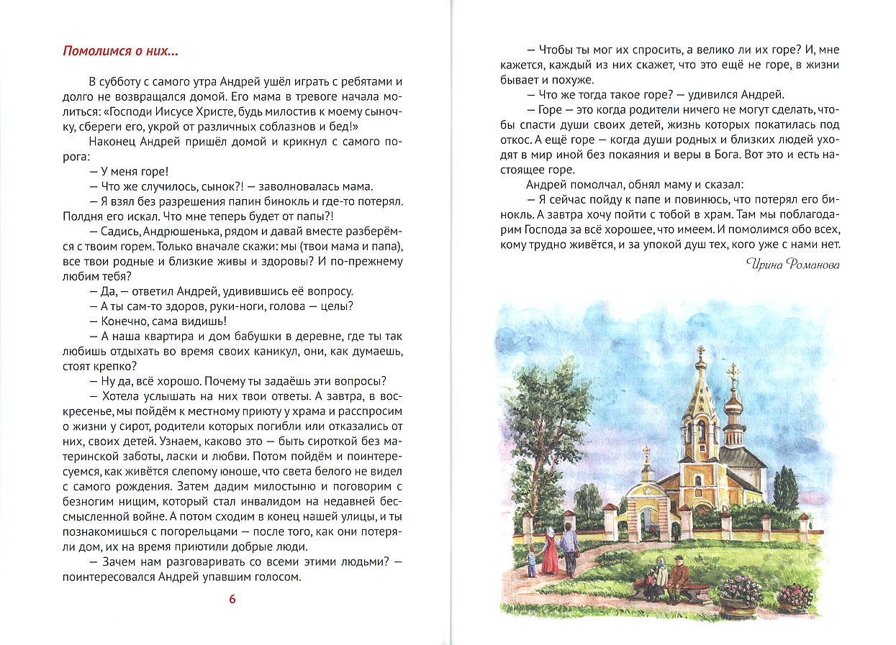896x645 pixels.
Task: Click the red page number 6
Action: click(x=232, y=600)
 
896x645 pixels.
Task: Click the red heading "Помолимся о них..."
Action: click(x=121, y=52)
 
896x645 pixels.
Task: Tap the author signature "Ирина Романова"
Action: click(x=793, y=265)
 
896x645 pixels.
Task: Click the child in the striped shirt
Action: click(x=532, y=559)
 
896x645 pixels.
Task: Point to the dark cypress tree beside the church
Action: click(x=786, y=489)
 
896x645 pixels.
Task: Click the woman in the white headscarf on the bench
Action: click(x=658, y=575)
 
